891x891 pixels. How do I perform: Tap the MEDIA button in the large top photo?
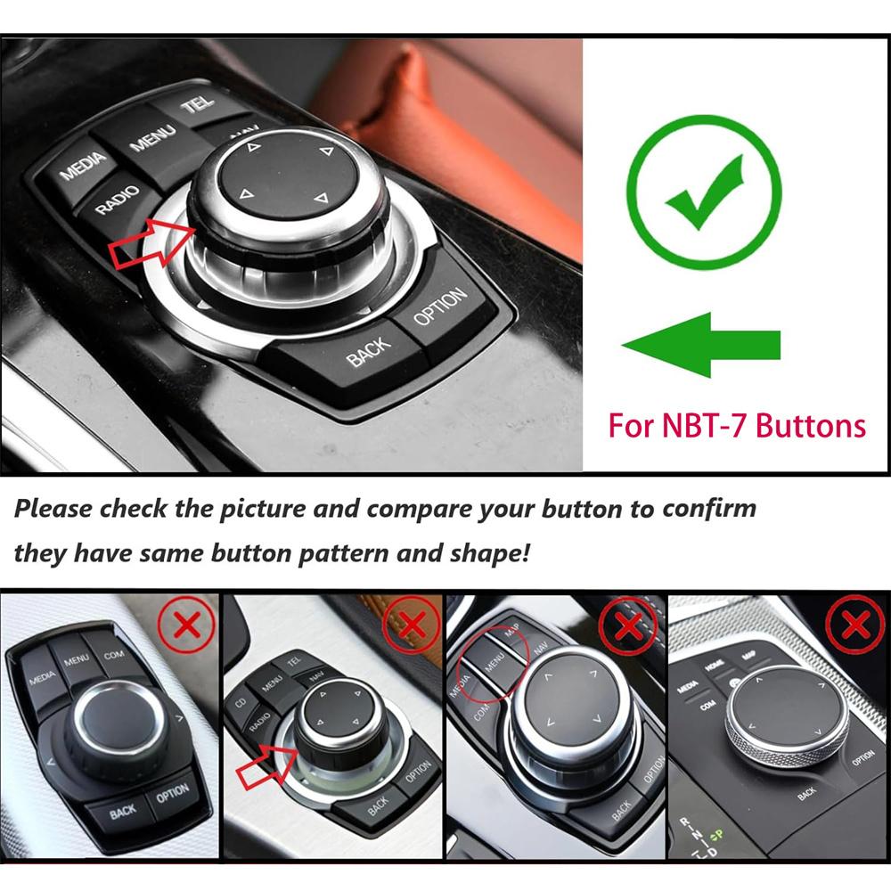tap(83, 166)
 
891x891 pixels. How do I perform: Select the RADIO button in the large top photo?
tap(118, 200)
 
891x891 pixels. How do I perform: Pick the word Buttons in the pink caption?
tap(811, 426)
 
